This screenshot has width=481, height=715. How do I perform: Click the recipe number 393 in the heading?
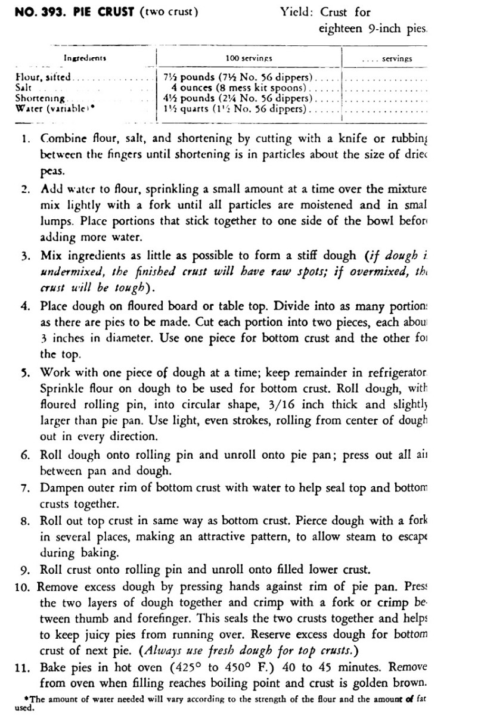click(49, 12)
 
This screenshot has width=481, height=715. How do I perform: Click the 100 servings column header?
click(249, 59)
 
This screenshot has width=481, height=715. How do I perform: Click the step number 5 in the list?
click(24, 372)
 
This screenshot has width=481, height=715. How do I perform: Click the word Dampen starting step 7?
click(65, 488)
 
